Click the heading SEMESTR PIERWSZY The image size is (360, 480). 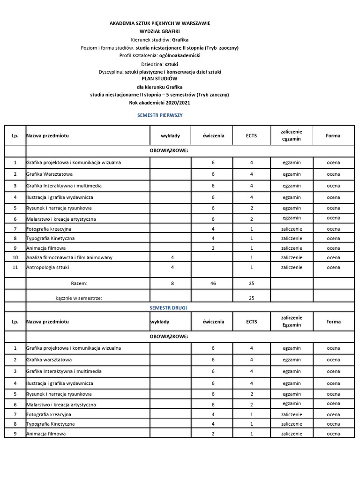(160, 115)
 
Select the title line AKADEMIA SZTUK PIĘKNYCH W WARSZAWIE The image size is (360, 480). (160, 23)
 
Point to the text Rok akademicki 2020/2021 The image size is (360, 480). (160, 102)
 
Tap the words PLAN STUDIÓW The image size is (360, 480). (160, 79)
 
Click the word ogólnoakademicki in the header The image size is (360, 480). (180, 55)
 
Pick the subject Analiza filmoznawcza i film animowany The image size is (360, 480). (69, 257)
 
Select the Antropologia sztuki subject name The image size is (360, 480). (49, 267)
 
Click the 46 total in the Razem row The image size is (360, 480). (213, 284)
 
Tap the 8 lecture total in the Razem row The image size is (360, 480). (172, 284)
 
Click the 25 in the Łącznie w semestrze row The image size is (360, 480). (251, 298)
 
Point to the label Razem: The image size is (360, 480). (79, 284)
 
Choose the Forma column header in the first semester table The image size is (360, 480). (333, 135)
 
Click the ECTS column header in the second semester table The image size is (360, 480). (251, 322)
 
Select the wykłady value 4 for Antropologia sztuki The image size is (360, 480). (172, 267)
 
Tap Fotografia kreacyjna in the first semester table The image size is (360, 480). (49, 229)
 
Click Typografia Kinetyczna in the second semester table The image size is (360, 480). (51, 424)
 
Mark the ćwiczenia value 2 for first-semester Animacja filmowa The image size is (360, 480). (213, 248)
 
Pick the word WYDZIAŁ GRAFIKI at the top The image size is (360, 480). (160, 31)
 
